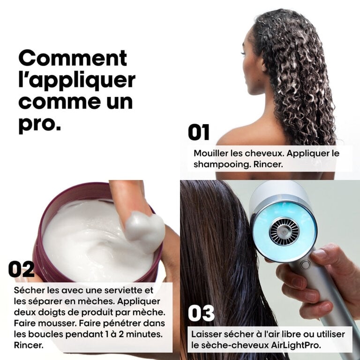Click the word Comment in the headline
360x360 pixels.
[x=73, y=58]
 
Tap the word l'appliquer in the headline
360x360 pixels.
[x=77, y=81]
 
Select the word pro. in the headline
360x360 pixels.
[x=39, y=125]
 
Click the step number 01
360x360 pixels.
[x=199, y=132]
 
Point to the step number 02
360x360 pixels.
[x=22, y=269]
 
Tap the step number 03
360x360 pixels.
[x=202, y=313]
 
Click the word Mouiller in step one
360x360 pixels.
[x=210, y=153]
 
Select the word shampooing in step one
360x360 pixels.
[x=221, y=165]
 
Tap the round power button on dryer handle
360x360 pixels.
[x=305, y=265]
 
